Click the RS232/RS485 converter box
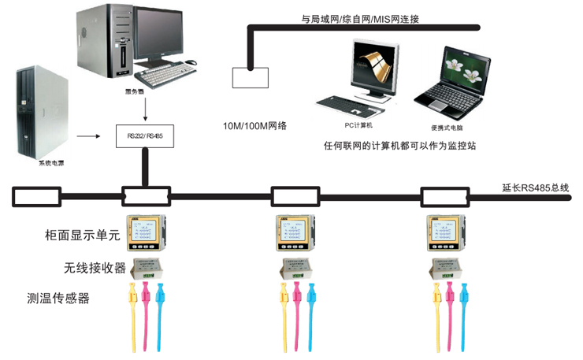145,135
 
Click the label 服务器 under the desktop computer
136,92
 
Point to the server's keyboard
165,76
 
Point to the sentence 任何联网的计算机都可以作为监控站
401,145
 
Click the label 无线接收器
95,267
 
